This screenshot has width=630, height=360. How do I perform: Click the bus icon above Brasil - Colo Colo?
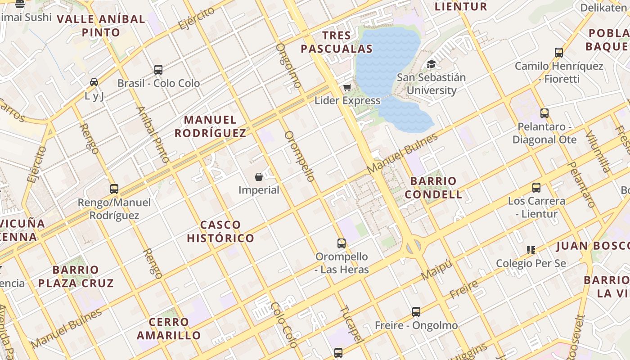pyautogui.click(x=158, y=70)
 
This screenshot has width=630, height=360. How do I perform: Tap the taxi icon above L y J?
pyautogui.click(x=94, y=82)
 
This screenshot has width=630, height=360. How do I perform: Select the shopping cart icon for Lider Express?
pyautogui.click(x=347, y=87)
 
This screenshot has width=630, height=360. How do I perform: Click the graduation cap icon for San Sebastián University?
pyautogui.click(x=431, y=64)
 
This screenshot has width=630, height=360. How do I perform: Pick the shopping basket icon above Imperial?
pyautogui.click(x=259, y=176)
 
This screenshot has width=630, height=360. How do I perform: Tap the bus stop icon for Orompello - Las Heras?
pyautogui.click(x=342, y=243)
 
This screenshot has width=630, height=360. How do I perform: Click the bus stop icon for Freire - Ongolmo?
pyautogui.click(x=416, y=311)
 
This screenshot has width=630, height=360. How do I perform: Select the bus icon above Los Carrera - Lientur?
pyautogui.click(x=536, y=188)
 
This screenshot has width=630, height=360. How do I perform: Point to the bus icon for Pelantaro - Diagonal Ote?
pyautogui.click(x=544, y=113)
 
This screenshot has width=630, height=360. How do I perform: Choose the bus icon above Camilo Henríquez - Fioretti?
pyautogui.click(x=559, y=53)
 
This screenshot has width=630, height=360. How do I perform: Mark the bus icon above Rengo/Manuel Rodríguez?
pyautogui.click(x=114, y=189)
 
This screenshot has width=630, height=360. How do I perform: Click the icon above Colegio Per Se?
pyautogui.click(x=531, y=250)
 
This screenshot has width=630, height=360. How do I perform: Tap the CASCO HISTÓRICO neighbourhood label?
pyautogui.click(x=220, y=231)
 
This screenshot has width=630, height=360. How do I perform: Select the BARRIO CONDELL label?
pyautogui.click(x=433, y=188)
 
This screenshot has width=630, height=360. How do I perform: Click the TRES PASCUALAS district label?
pyautogui.click(x=337, y=42)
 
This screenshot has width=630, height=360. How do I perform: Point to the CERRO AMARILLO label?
pyautogui.click(x=169, y=328)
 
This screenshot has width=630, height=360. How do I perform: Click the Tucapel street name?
pyautogui.click(x=351, y=324)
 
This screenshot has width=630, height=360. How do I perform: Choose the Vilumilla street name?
pyautogui.click(x=598, y=152)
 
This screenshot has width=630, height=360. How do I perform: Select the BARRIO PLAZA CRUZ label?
pyautogui.click(x=76, y=276)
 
